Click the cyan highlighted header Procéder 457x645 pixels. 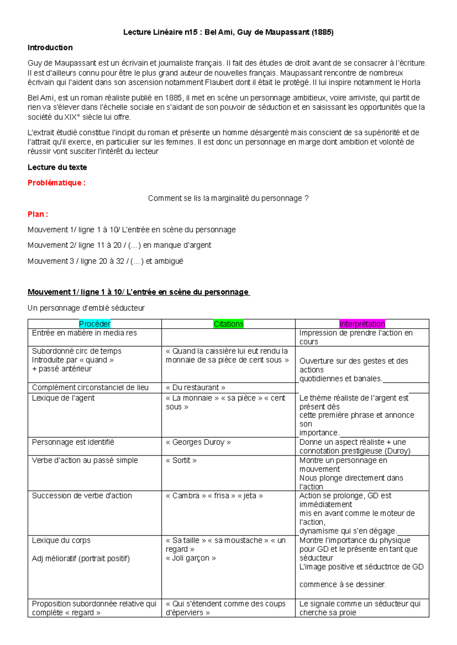(94, 324)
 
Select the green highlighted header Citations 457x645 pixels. (228, 324)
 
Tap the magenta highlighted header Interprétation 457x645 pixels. (362, 324)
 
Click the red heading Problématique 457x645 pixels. (56, 183)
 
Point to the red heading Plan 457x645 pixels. (38, 214)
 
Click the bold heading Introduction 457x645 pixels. (50, 48)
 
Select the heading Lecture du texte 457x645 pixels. (57, 167)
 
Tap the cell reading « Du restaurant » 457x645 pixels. (195, 387)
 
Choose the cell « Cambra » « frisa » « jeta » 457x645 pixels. (214, 496)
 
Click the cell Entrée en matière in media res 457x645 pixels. (84, 333)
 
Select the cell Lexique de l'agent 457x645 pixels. (63, 398)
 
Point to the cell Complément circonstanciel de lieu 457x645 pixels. (90, 387)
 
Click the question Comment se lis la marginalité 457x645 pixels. (228, 198)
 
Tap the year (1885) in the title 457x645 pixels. (322, 32)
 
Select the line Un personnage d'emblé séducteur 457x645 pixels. (86, 308)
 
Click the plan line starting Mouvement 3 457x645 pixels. (105, 261)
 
